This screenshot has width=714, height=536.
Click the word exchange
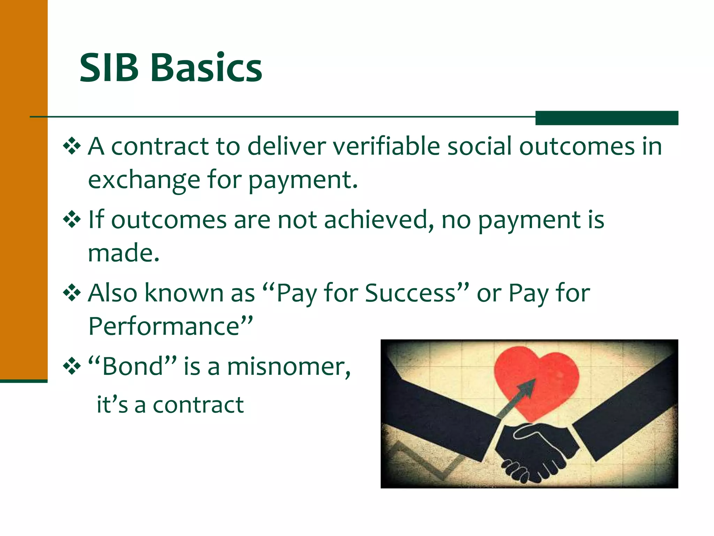click(144, 180)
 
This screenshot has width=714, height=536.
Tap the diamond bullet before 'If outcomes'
click(72, 219)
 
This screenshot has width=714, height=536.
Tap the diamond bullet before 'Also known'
click(72, 293)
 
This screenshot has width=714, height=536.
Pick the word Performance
click(164, 326)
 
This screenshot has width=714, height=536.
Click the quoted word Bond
click(132, 366)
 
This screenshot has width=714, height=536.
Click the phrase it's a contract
click(170, 405)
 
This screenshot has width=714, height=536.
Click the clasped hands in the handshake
click(537, 450)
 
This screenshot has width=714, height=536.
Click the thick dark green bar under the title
click(607, 118)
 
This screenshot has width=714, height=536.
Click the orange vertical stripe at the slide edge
click(24, 188)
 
